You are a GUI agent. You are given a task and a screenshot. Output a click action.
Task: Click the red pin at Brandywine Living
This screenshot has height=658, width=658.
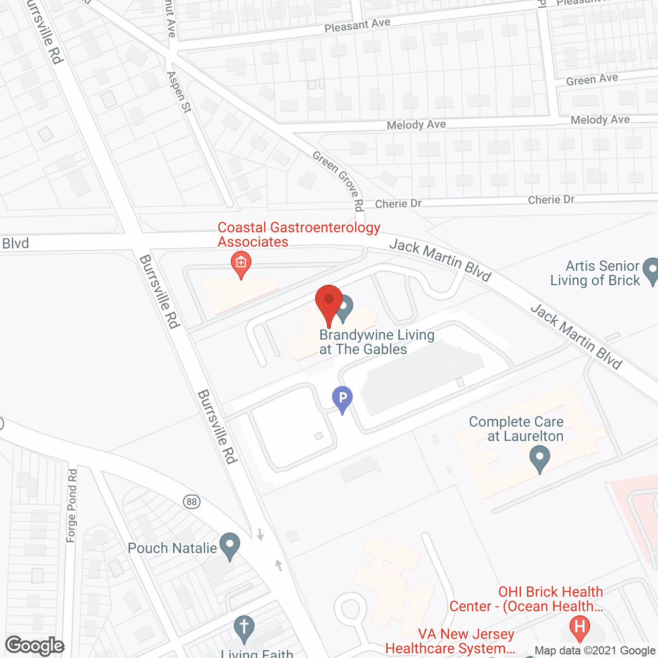coord(329,301)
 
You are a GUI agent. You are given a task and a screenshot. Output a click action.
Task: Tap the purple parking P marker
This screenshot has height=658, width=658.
coord(342,398)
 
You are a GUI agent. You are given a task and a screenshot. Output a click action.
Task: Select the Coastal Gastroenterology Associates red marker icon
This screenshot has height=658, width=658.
coord(241,263)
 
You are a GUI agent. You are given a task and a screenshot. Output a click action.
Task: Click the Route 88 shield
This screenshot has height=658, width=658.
coord(192,502)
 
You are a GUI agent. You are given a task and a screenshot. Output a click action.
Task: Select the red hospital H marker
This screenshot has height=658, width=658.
coord(580,627)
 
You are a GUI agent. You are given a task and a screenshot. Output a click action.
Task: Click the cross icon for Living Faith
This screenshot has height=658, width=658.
coord(244,628)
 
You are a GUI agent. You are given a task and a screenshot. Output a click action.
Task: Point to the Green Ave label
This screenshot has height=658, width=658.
coord(592,80)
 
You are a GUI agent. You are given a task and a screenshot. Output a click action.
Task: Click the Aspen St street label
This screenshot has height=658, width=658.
coord(179,92)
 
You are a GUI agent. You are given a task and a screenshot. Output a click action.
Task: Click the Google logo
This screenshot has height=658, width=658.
coord(35,646)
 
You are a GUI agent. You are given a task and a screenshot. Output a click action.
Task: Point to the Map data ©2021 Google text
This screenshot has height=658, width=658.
coord(595,651)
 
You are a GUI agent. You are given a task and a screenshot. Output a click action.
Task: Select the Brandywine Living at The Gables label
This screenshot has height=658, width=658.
coord(376,342)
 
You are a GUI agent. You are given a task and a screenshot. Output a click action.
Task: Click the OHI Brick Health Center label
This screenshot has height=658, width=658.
coord(526,599)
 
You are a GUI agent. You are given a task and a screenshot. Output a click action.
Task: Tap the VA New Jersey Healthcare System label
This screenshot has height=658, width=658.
coord(450,641)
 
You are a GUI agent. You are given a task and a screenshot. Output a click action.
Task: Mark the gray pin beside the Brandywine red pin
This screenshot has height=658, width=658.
coord(344,306)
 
